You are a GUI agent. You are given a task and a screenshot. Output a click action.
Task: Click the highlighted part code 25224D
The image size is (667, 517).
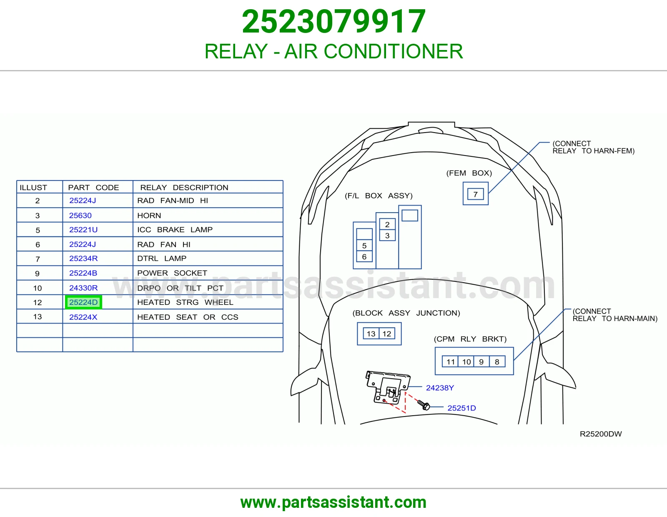point(83,302)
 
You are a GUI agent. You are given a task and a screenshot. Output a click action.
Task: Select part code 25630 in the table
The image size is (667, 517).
point(80,216)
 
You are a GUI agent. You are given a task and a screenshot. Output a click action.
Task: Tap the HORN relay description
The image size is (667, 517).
point(149,216)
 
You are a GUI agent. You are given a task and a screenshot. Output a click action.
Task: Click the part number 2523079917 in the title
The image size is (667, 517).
point(333,21)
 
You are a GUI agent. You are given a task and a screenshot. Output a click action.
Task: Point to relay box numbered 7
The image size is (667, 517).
point(476,194)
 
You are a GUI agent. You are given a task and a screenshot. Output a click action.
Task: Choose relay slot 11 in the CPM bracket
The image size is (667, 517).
point(450,361)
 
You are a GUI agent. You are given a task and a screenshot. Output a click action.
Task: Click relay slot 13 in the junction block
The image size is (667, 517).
point(371,334)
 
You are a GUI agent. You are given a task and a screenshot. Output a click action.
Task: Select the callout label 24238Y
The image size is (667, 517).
point(440,388)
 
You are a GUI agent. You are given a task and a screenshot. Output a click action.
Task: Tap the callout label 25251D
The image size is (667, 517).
point(461,408)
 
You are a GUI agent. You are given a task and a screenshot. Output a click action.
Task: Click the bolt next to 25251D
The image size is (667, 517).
point(424,405)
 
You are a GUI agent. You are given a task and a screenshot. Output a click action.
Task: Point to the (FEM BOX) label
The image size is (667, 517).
point(469,173)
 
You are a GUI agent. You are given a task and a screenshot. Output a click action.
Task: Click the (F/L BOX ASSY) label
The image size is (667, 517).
point(379,196)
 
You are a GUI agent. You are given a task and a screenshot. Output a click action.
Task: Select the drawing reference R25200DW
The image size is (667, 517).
point(601,434)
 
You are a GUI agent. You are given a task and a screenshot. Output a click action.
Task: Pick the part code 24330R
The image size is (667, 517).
point(83,288)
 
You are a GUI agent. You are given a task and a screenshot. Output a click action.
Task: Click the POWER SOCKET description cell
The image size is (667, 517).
point(172,273)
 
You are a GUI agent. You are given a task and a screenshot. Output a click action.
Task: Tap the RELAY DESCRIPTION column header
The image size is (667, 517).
point(184,188)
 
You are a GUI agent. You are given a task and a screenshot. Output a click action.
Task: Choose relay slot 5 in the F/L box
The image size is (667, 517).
point(364,246)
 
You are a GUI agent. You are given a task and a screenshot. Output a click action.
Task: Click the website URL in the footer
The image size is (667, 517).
point(333,502)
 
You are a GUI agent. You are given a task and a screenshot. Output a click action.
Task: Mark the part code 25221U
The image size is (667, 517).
point(83,230)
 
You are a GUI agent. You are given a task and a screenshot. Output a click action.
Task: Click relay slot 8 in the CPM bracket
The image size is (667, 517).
point(497,361)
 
